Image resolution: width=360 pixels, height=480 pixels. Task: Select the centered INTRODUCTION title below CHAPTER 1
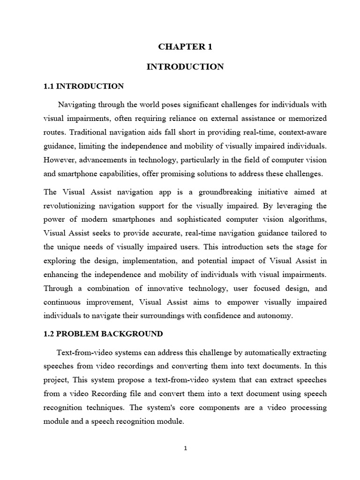185,67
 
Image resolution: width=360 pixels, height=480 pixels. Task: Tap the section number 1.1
49,86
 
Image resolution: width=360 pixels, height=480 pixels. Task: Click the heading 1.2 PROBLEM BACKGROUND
103,334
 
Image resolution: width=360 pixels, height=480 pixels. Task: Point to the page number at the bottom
186,448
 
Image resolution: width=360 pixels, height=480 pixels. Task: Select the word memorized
307,118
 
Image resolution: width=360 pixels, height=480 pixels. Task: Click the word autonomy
275,316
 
